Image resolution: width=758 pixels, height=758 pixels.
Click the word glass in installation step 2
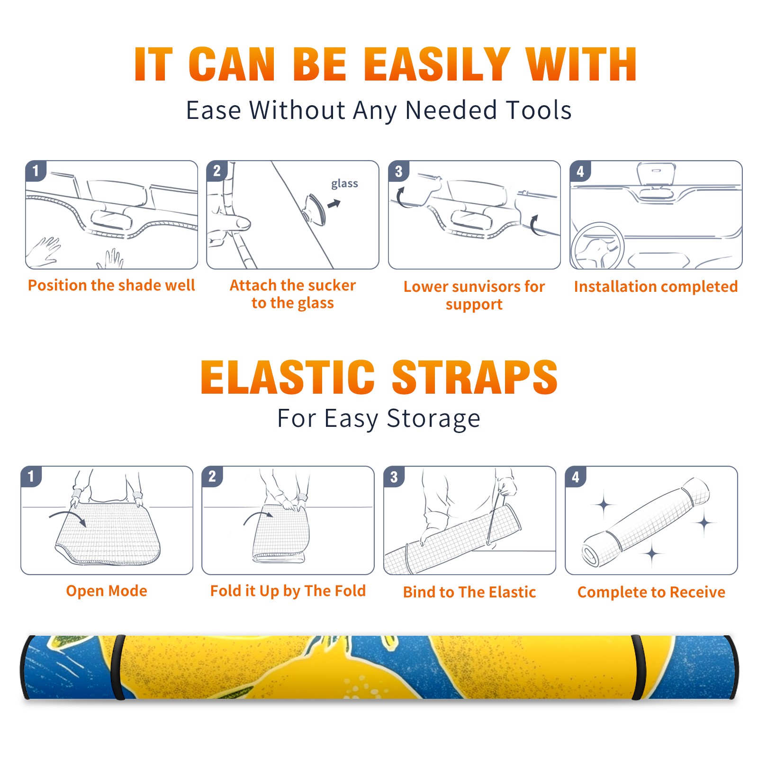(344, 184)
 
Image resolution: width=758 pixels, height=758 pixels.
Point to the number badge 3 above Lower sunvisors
(398, 171)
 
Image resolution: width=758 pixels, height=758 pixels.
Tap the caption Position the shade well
(111, 285)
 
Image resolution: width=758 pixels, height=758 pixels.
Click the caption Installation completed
(656, 286)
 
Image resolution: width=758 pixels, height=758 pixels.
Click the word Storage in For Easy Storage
(433, 419)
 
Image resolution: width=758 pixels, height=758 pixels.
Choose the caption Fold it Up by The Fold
(288, 591)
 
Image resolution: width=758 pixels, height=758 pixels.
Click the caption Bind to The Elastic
(469, 592)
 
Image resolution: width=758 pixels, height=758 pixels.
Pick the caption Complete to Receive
(651, 592)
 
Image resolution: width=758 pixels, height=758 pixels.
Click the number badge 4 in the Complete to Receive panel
(576, 477)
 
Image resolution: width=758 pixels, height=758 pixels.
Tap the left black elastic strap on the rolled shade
(117, 668)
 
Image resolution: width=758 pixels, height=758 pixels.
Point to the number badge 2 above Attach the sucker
(217, 171)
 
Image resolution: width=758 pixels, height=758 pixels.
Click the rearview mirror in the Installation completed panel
(656, 173)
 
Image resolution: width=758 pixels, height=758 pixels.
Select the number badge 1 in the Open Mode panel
(31, 477)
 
